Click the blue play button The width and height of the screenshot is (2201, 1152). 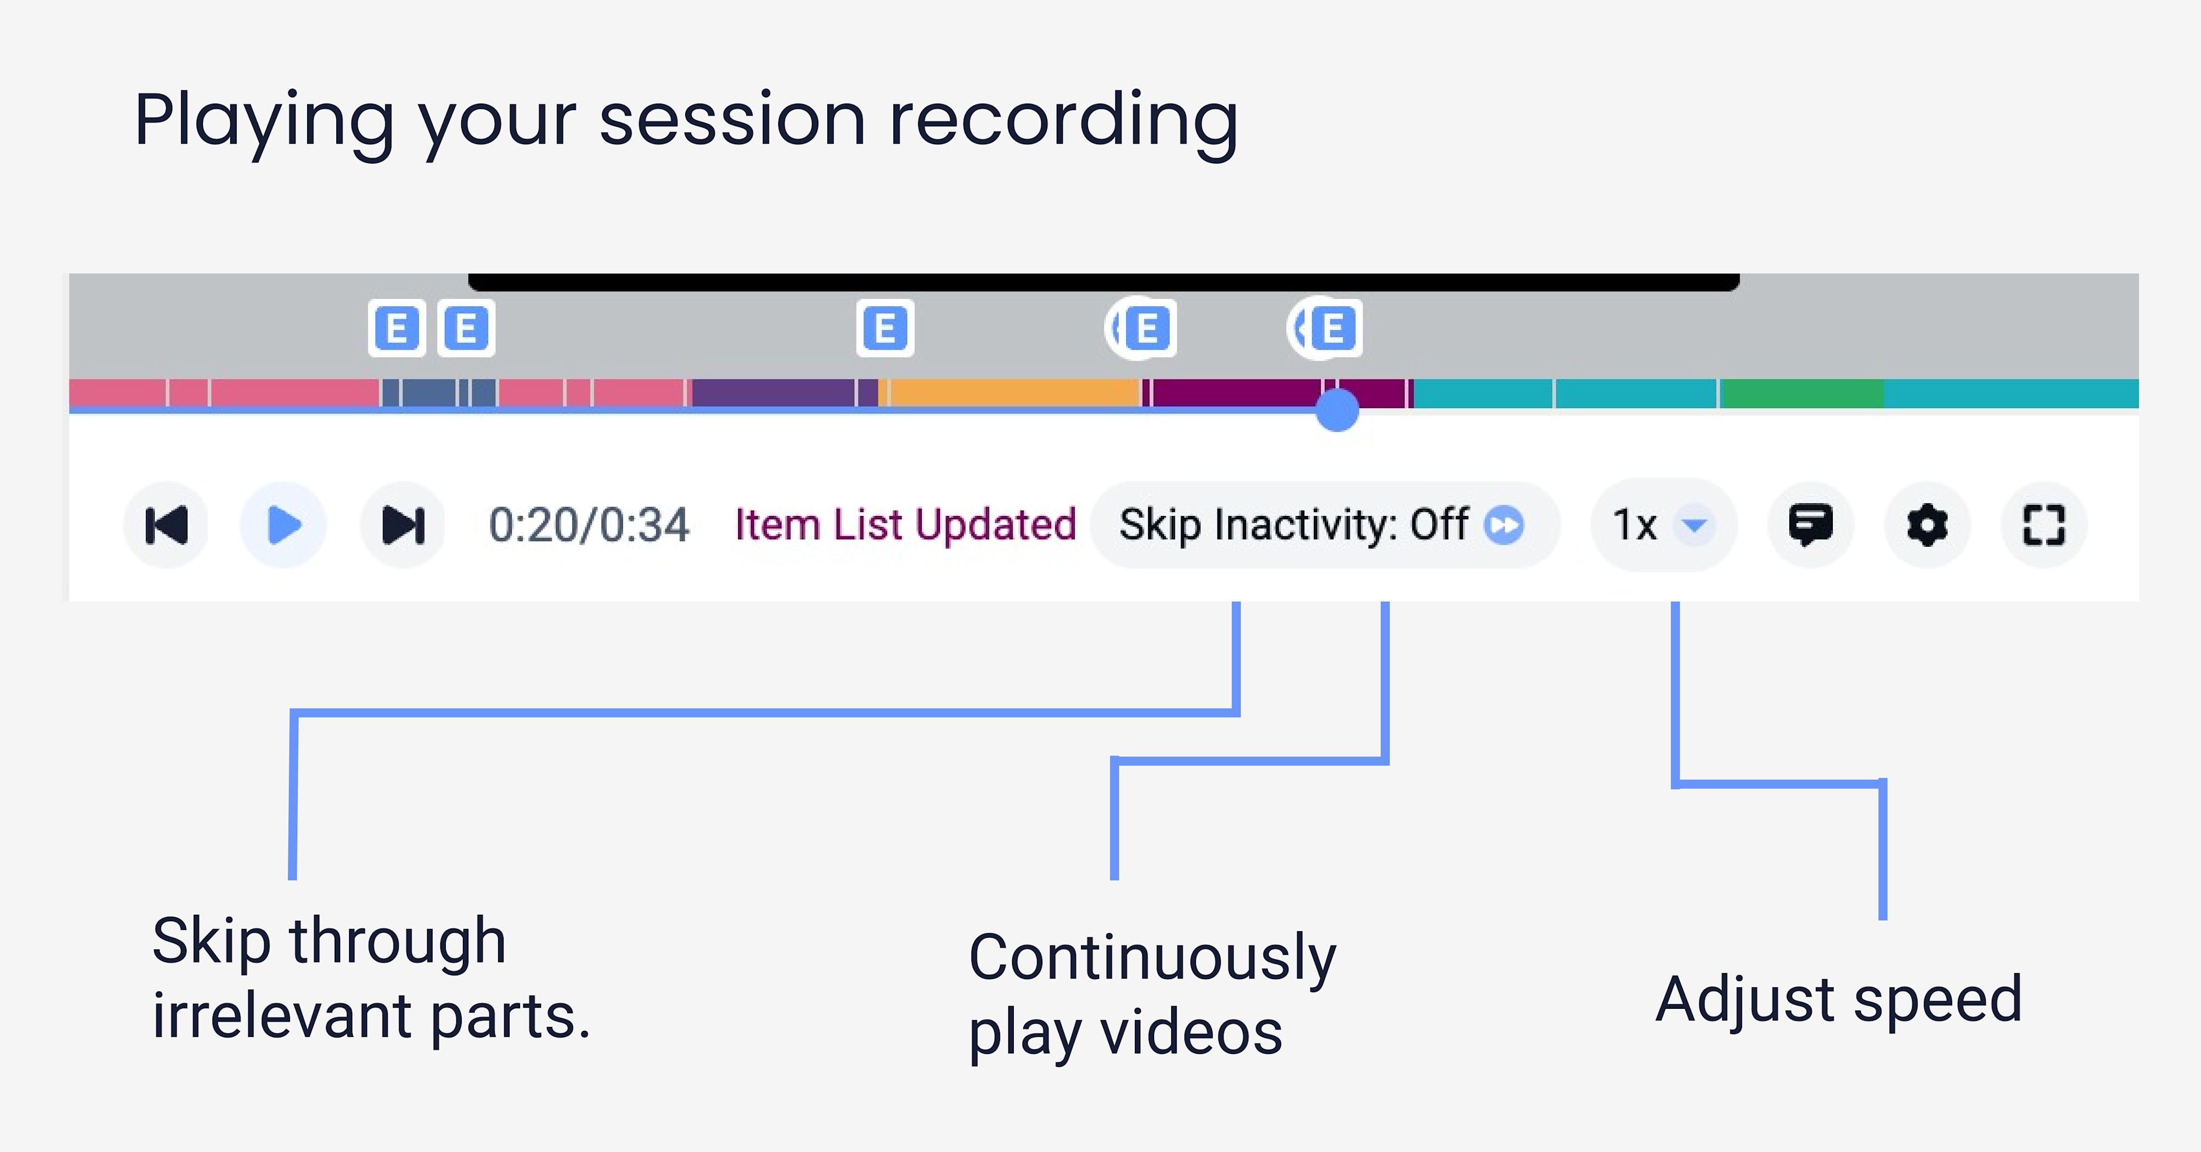click(283, 525)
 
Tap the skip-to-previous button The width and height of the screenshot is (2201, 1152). click(167, 525)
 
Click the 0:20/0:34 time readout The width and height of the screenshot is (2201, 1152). click(589, 525)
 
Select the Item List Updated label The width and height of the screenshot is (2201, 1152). click(905, 525)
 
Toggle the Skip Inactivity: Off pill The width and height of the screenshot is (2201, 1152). click(1323, 525)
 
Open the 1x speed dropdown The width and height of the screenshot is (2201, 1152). click(1662, 525)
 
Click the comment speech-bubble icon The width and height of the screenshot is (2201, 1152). click(1810, 525)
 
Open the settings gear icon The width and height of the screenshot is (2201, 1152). click(1927, 525)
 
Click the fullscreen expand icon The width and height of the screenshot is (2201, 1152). click(2044, 525)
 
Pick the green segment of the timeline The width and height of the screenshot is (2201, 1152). click(1803, 393)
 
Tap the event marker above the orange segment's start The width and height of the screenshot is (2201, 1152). click(885, 328)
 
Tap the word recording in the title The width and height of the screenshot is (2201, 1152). click(1064, 121)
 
